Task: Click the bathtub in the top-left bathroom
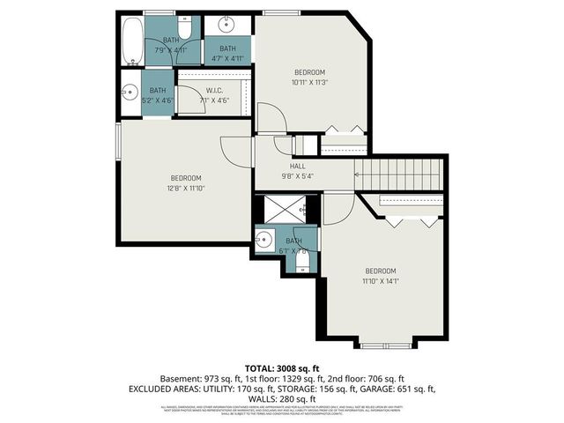pos(132,40)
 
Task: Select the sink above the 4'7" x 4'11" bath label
pos(226,22)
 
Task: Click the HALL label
pos(298,166)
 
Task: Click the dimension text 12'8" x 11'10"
pos(186,187)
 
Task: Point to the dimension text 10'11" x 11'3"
pos(309,82)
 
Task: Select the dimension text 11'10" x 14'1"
pos(381,281)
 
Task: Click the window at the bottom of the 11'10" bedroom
pos(385,345)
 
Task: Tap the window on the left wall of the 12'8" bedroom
pos(118,143)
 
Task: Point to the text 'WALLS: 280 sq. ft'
pos(283,397)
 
